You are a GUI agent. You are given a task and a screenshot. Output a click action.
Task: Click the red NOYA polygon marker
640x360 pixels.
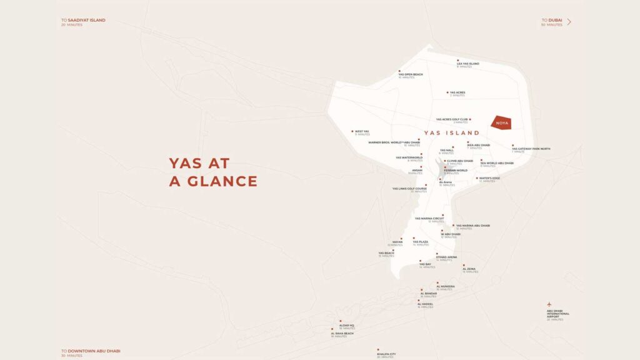click(501, 122)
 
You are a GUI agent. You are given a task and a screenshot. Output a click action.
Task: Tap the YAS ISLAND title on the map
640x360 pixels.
click(451, 132)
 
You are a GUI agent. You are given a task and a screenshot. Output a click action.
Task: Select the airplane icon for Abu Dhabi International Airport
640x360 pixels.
click(549, 304)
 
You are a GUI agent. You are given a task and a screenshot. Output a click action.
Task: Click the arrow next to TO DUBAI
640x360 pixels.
click(569, 22)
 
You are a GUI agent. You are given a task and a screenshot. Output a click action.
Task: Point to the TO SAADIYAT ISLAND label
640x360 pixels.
click(83, 20)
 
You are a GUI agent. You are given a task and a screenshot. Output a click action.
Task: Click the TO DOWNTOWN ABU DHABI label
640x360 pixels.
click(91, 351)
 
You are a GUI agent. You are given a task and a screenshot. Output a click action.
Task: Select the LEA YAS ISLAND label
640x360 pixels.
click(467, 64)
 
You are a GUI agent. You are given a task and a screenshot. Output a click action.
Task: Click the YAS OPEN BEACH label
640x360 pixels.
click(411, 74)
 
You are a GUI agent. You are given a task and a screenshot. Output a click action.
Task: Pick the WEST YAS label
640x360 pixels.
click(362, 131)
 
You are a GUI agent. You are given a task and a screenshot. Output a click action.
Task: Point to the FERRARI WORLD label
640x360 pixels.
click(456, 170)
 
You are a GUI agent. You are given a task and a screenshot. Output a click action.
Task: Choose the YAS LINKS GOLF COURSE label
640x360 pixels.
click(409, 188)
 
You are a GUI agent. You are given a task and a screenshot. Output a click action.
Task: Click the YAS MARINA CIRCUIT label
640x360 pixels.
click(429, 218)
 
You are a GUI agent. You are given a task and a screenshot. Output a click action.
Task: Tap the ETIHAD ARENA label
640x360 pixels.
click(446, 257)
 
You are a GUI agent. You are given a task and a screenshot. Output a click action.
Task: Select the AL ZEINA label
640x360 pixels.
click(469, 269)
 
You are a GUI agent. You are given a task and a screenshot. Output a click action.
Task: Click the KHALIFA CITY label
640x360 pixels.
click(386, 354)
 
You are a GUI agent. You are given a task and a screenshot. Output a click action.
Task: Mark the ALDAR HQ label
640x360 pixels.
click(347, 325)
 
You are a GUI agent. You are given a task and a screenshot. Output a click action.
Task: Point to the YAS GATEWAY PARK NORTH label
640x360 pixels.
click(531, 149)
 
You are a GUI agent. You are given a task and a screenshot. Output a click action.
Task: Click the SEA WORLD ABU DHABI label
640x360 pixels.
click(497, 163)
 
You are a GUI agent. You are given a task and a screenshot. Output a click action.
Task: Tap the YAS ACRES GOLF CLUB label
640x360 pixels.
click(452, 119)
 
